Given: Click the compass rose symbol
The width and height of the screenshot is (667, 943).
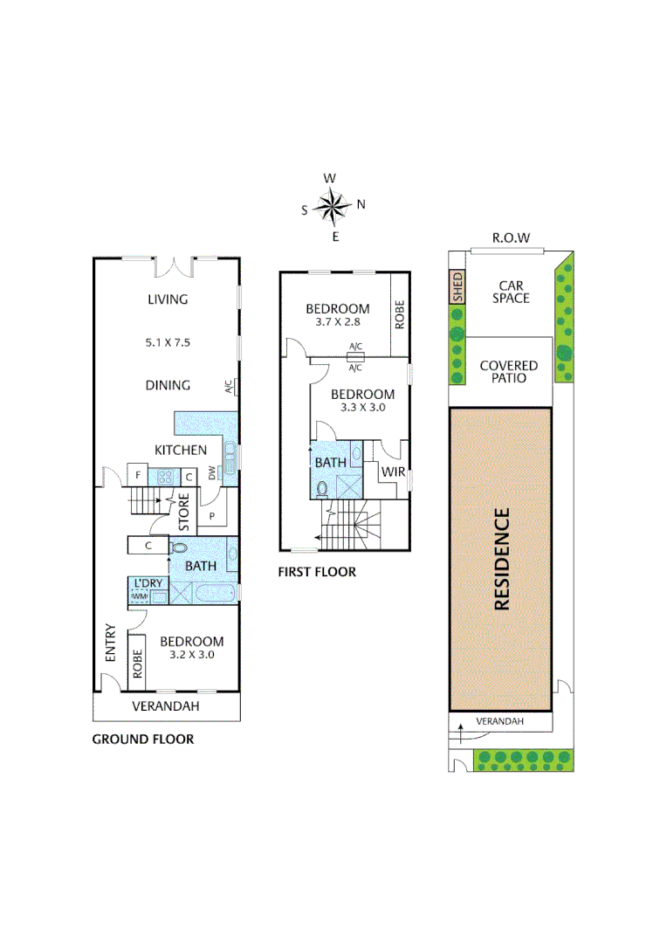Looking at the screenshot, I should click(x=332, y=207).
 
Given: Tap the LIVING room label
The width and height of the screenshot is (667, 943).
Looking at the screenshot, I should click(x=168, y=299).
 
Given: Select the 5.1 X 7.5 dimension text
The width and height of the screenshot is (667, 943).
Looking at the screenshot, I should click(x=168, y=342).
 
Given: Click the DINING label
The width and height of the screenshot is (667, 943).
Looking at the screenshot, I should click(x=168, y=385).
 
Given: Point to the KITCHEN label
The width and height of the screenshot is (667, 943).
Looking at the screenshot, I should click(x=181, y=450).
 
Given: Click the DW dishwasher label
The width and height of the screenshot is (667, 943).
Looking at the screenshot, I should click(x=212, y=472).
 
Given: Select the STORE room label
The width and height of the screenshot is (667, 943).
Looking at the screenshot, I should click(x=184, y=513).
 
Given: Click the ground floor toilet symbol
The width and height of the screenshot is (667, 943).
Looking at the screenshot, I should click(x=178, y=547).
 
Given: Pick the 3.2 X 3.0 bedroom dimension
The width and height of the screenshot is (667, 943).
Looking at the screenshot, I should click(x=191, y=654).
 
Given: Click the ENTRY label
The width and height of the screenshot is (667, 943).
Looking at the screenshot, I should click(x=110, y=642).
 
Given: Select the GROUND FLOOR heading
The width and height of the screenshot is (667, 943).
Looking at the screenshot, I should click(x=143, y=740).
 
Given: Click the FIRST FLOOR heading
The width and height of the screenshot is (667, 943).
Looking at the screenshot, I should click(x=317, y=573).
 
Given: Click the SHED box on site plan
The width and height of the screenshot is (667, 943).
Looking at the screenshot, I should click(x=456, y=287).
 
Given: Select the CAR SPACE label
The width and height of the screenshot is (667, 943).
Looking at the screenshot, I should click(x=510, y=292).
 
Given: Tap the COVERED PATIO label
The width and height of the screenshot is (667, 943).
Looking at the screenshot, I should click(x=508, y=372).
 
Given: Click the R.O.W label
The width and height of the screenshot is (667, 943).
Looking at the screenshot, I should click(x=511, y=237).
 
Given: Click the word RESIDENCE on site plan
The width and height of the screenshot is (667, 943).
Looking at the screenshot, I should click(x=501, y=559).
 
